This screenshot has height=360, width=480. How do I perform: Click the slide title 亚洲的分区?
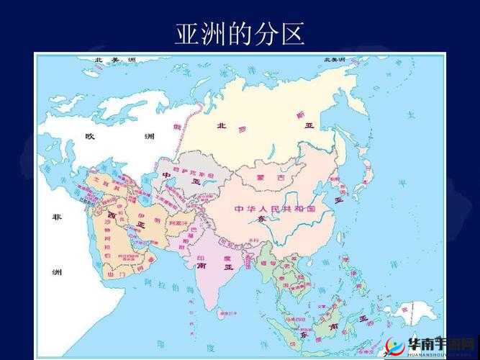pos(240,33)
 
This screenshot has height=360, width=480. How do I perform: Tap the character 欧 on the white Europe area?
pos(90,136)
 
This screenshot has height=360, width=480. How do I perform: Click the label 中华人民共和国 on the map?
pos(275,209)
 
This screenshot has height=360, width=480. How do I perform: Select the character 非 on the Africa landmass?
pos(56,217)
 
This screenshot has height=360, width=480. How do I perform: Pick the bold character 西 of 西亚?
pos(112,215)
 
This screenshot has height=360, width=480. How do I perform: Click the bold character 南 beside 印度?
pos(201,266)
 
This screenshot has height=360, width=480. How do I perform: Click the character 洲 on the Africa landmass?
pos(56,272)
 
